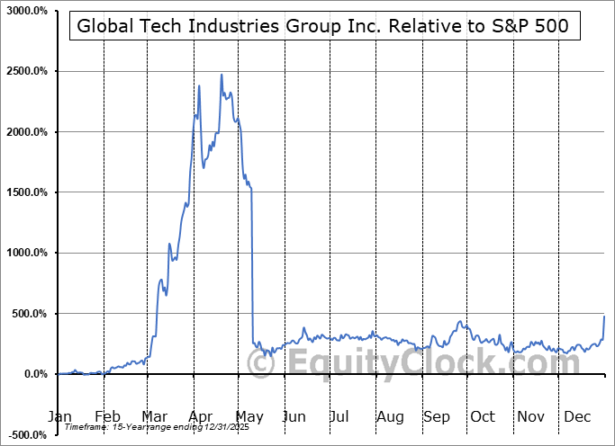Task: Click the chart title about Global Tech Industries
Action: (322, 26)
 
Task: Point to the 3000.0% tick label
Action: (28, 11)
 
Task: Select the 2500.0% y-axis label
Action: (28, 71)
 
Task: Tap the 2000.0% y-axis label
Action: (28, 132)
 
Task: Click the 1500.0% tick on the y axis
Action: (28, 192)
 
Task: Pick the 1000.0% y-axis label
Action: (28, 254)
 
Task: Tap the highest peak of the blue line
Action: (222, 75)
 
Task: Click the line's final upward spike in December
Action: (604, 317)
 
